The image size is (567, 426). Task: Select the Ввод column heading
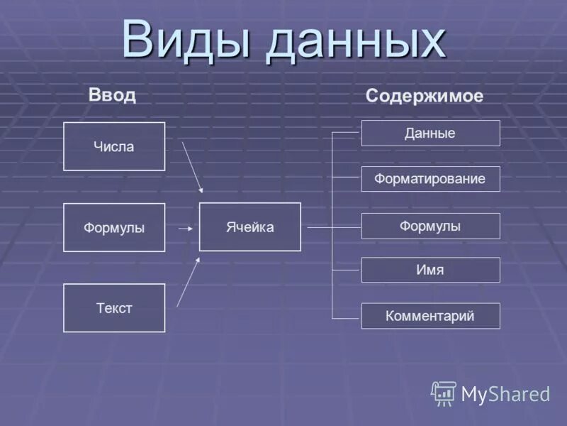tap(112, 95)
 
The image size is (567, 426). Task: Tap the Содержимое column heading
tap(424, 97)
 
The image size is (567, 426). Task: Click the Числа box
tap(114, 147)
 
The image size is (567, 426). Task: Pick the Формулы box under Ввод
tap(114, 228)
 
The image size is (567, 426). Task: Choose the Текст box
tap(114, 308)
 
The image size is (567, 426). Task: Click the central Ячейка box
tap(249, 227)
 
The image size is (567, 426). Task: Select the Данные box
tap(430, 133)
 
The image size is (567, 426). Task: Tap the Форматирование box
tap(430, 179)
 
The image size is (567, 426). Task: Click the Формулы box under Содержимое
tap(430, 226)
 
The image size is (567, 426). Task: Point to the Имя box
tap(430, 270)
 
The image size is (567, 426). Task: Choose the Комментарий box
tap(430, 316)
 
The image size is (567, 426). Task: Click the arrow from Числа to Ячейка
tap(192, 167)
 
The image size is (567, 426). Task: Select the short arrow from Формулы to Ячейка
tap(185, 229)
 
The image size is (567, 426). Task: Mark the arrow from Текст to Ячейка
tap(188, 282)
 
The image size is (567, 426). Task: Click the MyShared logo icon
tap(444, 393)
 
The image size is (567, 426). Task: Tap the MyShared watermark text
tap(505, 394)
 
